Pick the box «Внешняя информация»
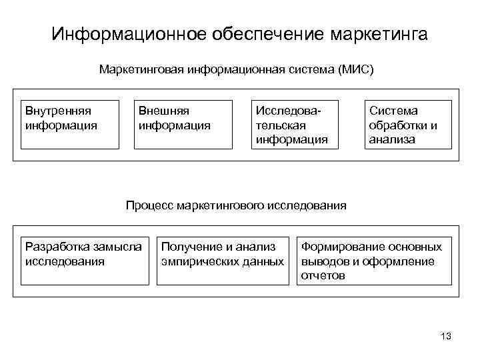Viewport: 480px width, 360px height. (x=183, y=125)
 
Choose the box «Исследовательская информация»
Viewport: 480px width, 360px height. (x=294, y=125)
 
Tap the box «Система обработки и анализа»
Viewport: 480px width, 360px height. (x=408, y=125)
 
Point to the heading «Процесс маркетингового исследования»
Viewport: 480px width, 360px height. (x=236, y=205)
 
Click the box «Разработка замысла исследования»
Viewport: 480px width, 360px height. (x=83, y=261)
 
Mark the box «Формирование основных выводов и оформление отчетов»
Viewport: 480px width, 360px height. (x=373, y=261)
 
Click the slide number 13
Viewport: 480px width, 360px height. (x=446, y=337)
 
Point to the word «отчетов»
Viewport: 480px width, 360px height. (x=323, y=275)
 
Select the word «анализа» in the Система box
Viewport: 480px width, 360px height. (x=392, y=139)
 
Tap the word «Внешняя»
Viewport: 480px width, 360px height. (x=163, y=111)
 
